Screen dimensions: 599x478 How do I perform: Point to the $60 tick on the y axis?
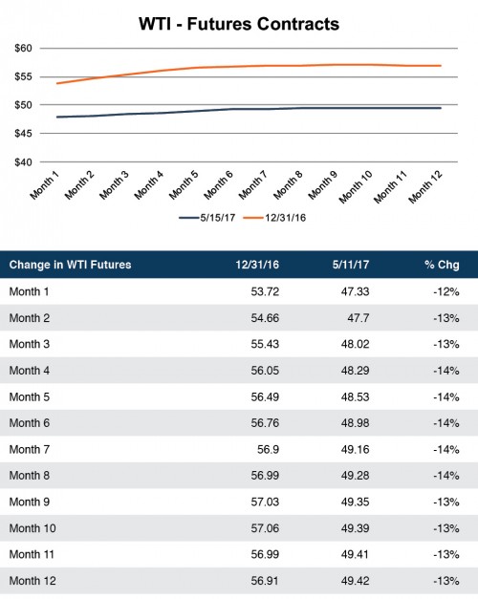click(x=23, y=48)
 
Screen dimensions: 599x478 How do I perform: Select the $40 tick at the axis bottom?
click(x=23, y=162)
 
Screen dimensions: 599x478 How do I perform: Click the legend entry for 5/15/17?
click(x=206, y=218)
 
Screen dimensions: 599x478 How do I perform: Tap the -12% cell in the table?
click(x=446, y=290)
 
